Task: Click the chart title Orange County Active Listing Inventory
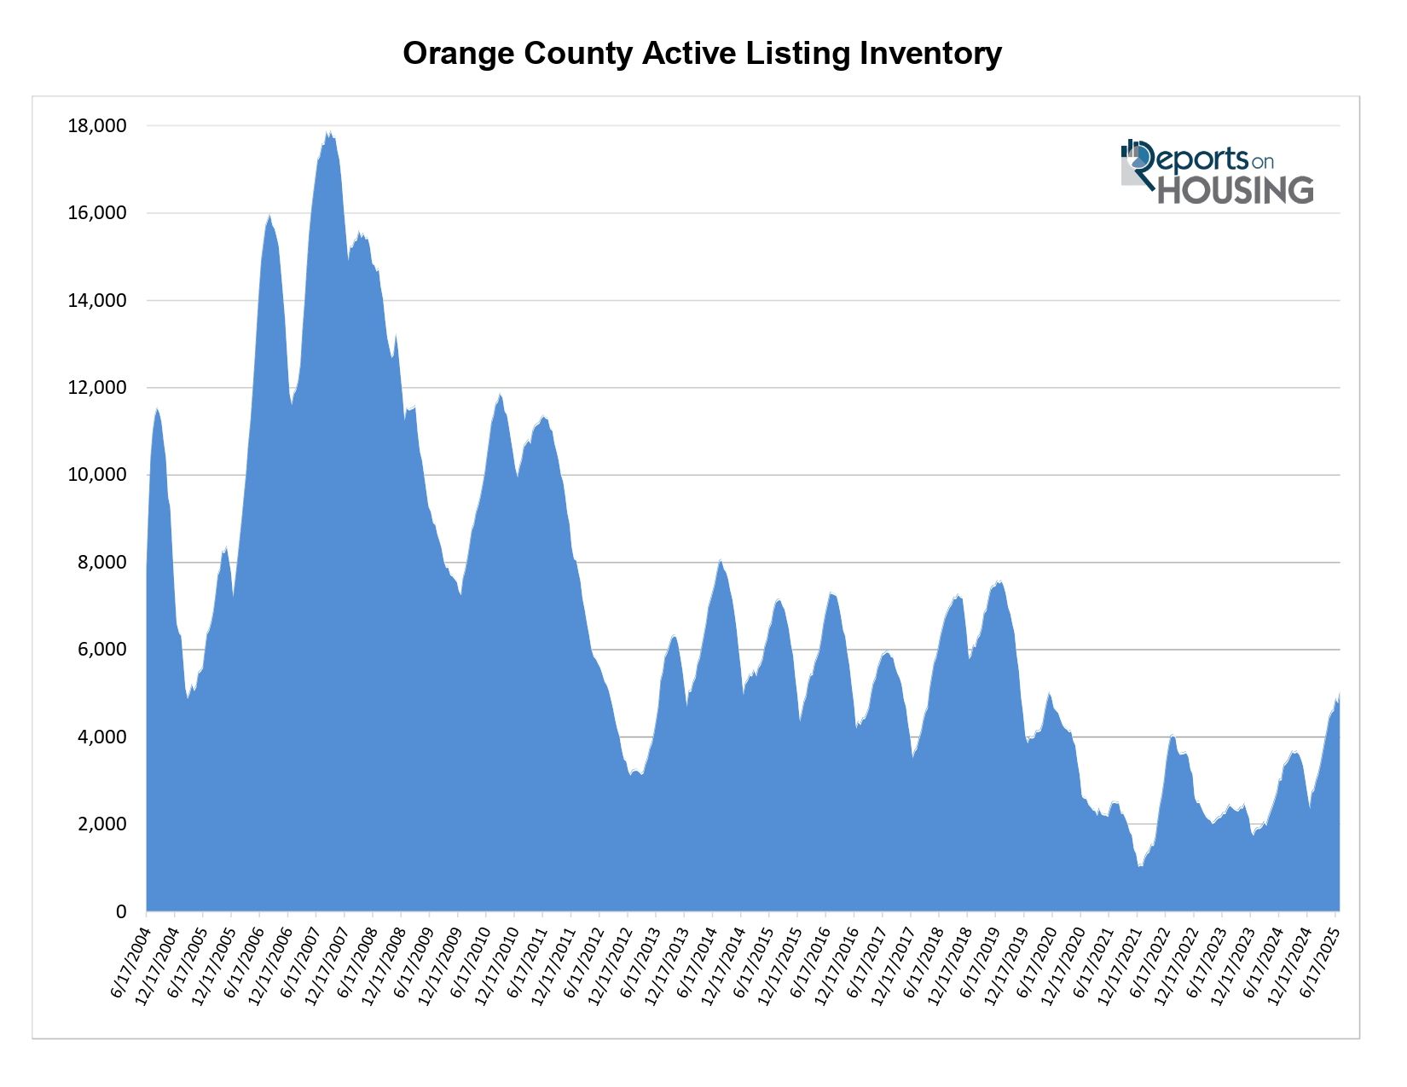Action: point(702,54)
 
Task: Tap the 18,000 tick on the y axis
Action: point(96,126)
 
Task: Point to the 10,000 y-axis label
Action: point(96,475)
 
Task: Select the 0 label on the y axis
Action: point(120,912)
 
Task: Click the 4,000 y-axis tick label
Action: point(101,737)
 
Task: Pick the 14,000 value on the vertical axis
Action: point(96,300)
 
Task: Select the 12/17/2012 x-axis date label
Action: point(608,963)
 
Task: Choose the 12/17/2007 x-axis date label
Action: point(325,963)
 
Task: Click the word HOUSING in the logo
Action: point(1235,190)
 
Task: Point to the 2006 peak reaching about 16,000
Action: point(269,217)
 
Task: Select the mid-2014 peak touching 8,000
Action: point(721,562)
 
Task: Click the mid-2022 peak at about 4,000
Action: point(1173,736)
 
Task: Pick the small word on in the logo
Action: point(1263,161)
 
